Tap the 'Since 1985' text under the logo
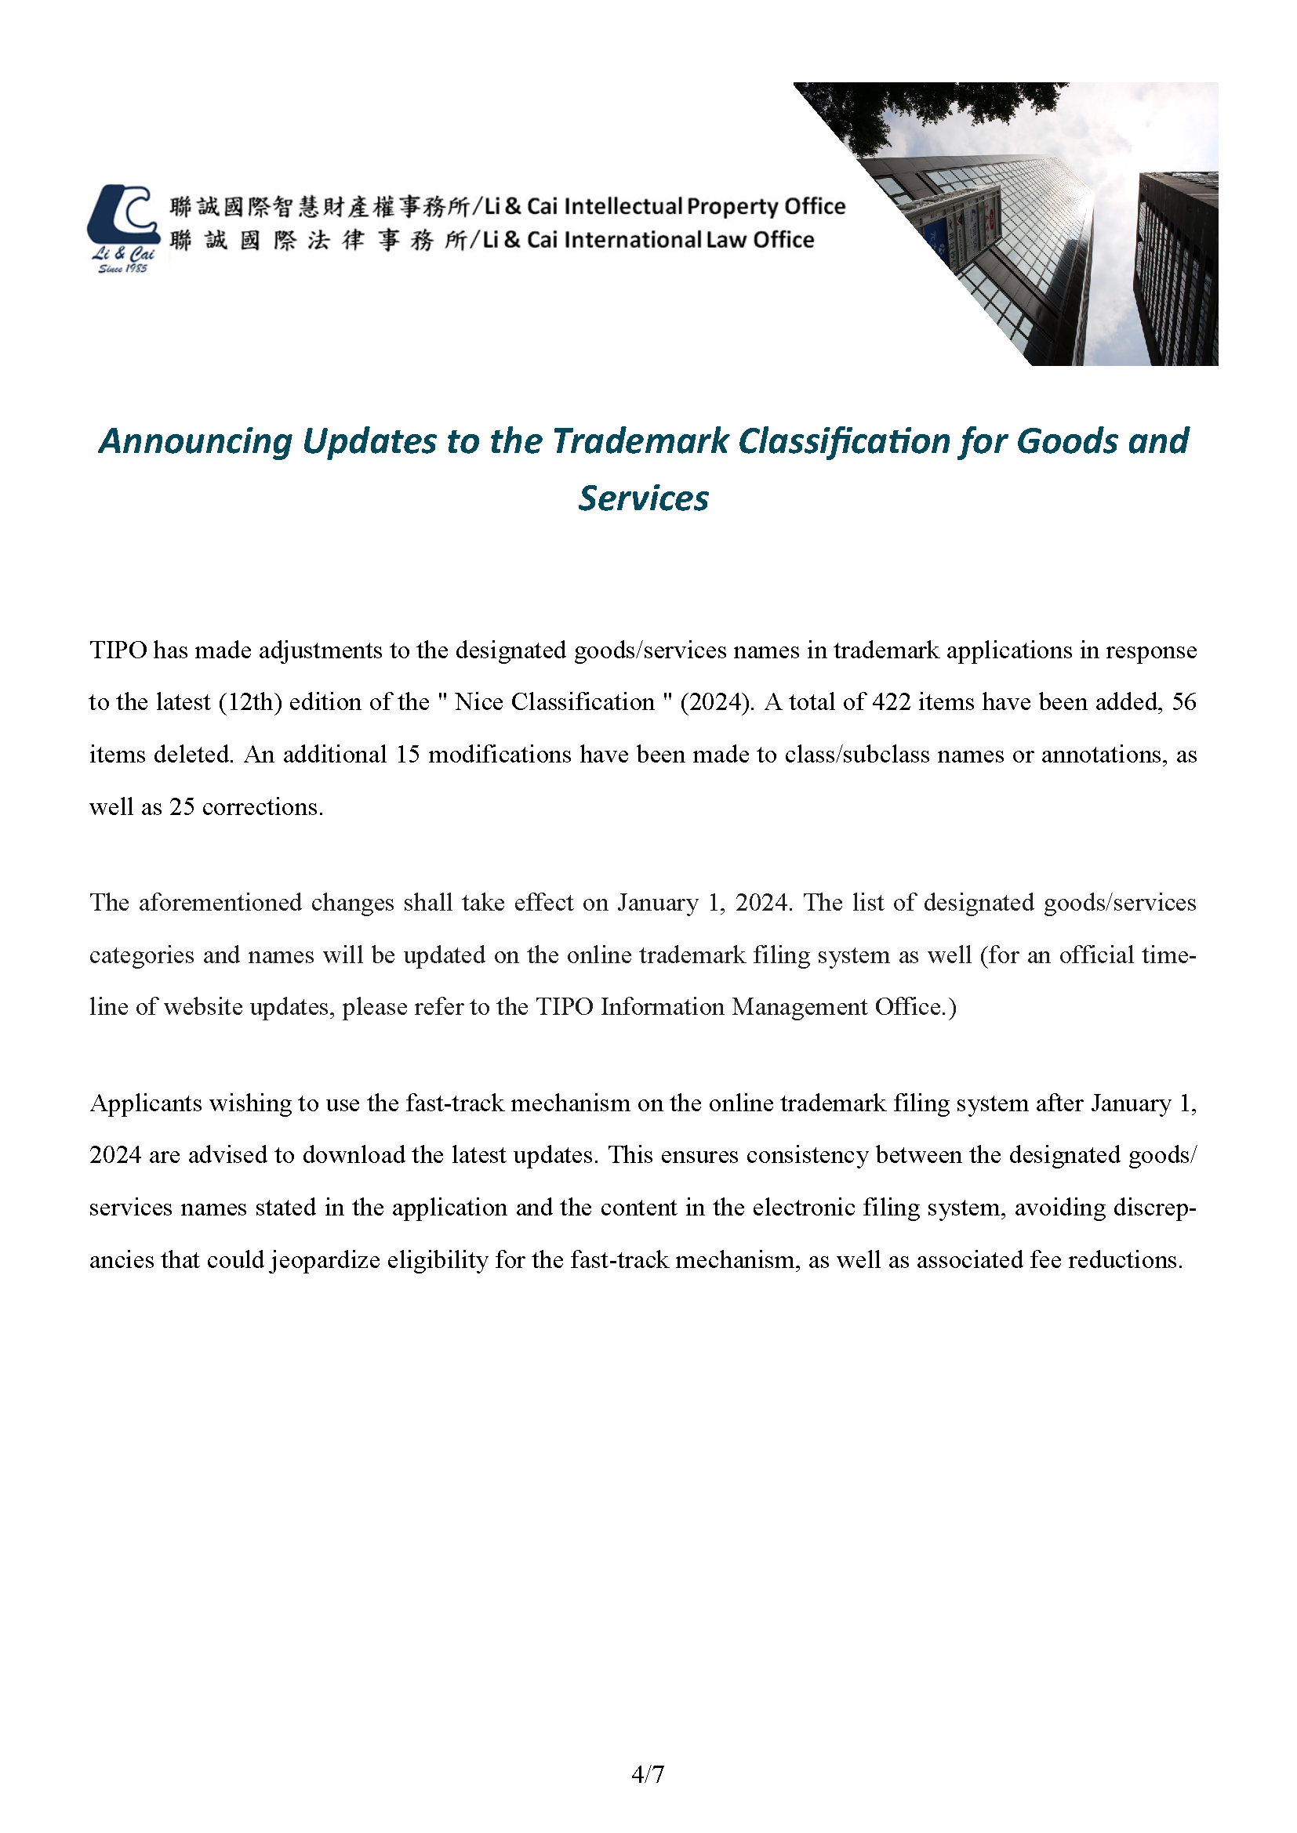(122, 269)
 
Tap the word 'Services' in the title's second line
(644, 498)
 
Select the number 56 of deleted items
(1183, 701)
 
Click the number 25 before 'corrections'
(182, 807)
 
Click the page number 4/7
(648, 1775)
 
